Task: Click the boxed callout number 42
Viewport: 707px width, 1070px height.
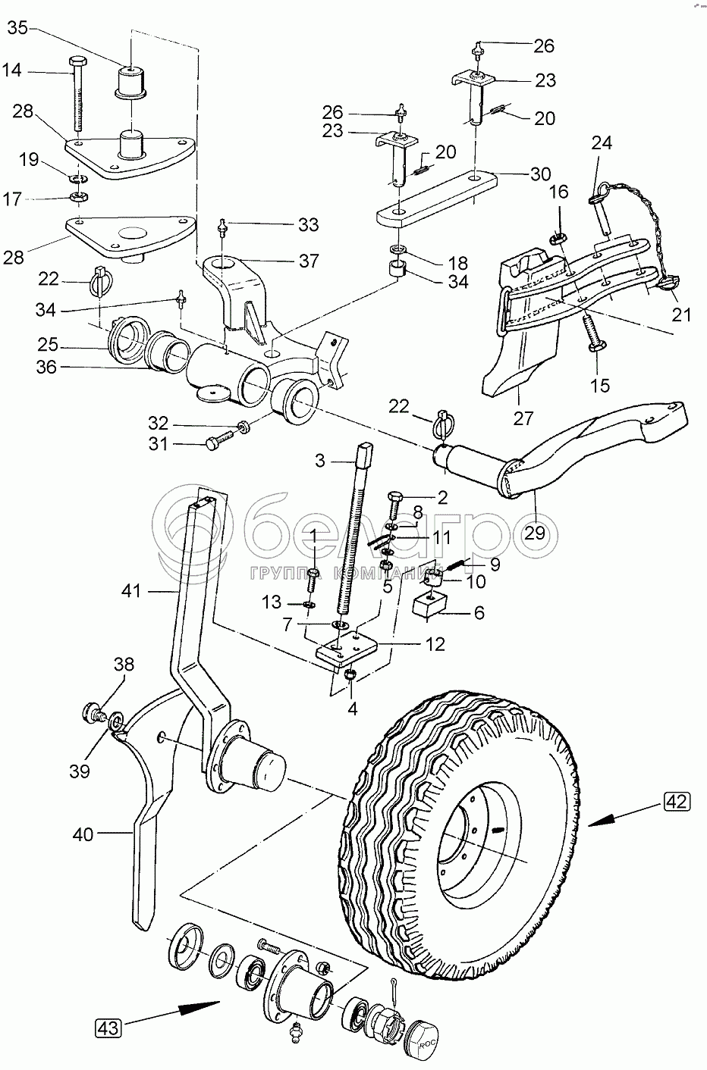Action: click(677, 801)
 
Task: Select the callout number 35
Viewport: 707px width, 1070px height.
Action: click(17, 28)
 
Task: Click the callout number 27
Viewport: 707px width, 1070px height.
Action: click(523, 418)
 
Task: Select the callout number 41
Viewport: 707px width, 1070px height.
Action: click(131, 591)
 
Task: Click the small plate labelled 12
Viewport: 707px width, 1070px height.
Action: click(347, 648)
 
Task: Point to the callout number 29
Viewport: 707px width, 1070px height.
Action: click(534, 533)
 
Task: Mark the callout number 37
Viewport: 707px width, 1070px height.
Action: click(308, 261)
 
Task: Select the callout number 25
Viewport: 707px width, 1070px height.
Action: click(47, 344)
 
